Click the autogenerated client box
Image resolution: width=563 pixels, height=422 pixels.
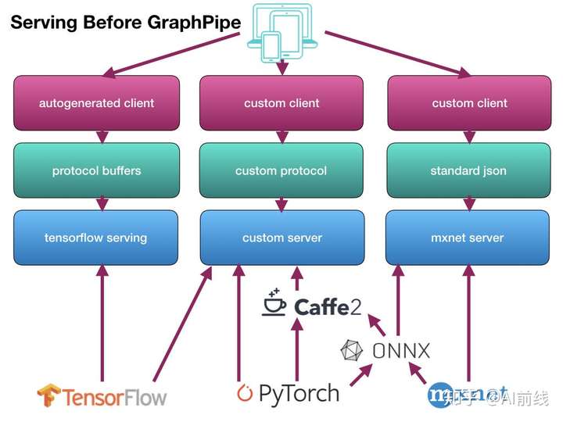[97, 102]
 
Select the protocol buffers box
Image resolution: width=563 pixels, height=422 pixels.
[97, 170]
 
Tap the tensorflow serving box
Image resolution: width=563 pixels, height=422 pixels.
[97, 238]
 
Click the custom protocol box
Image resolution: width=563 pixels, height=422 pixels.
[281, 170]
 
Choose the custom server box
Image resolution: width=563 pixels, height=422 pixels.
[281, 238]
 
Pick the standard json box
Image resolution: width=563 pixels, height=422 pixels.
[468, 170]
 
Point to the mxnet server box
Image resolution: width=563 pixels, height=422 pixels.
[468, 238]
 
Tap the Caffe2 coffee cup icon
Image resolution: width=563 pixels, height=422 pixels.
[274, 302]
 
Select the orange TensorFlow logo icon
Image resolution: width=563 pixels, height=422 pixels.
[48, 395]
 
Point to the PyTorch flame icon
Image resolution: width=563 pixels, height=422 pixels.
[245, 393]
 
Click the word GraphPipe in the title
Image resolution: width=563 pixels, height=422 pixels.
[193, 22]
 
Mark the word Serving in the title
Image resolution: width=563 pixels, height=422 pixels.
[38, 22]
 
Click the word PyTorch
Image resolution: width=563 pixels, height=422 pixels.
[299, 392]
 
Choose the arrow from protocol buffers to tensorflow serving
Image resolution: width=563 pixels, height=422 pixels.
[101, 203]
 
